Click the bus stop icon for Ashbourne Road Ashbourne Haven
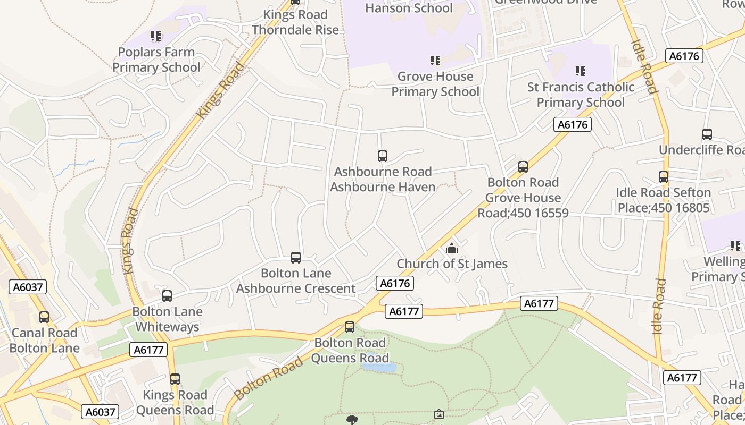click(x=382, y=156)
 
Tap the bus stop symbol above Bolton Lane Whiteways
click(x=167, y=296)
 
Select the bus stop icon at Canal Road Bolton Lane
click(x=44, y=317)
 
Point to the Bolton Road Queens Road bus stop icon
click(x=350, y=327)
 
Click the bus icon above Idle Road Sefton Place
click(x=663, y=177)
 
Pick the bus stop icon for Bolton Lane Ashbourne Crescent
click(x=296, y=258)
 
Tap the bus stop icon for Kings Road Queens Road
click(x=175, y=379)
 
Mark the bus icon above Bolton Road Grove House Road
click(x=523, y=167)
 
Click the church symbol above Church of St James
click(x=452, y=248)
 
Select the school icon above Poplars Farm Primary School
click(x=156, y=36)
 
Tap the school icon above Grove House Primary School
click(x=435, y=61)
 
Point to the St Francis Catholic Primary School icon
click(x=581, y=71)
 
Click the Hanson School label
click(x=409, y=8)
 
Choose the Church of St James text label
click(x=452, y=263)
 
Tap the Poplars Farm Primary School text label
click(x=156, y=59)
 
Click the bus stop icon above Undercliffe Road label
click(x=707, y=134)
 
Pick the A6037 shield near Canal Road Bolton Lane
click(x=28, y=287)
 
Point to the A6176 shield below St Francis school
click(x=573, y=124)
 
